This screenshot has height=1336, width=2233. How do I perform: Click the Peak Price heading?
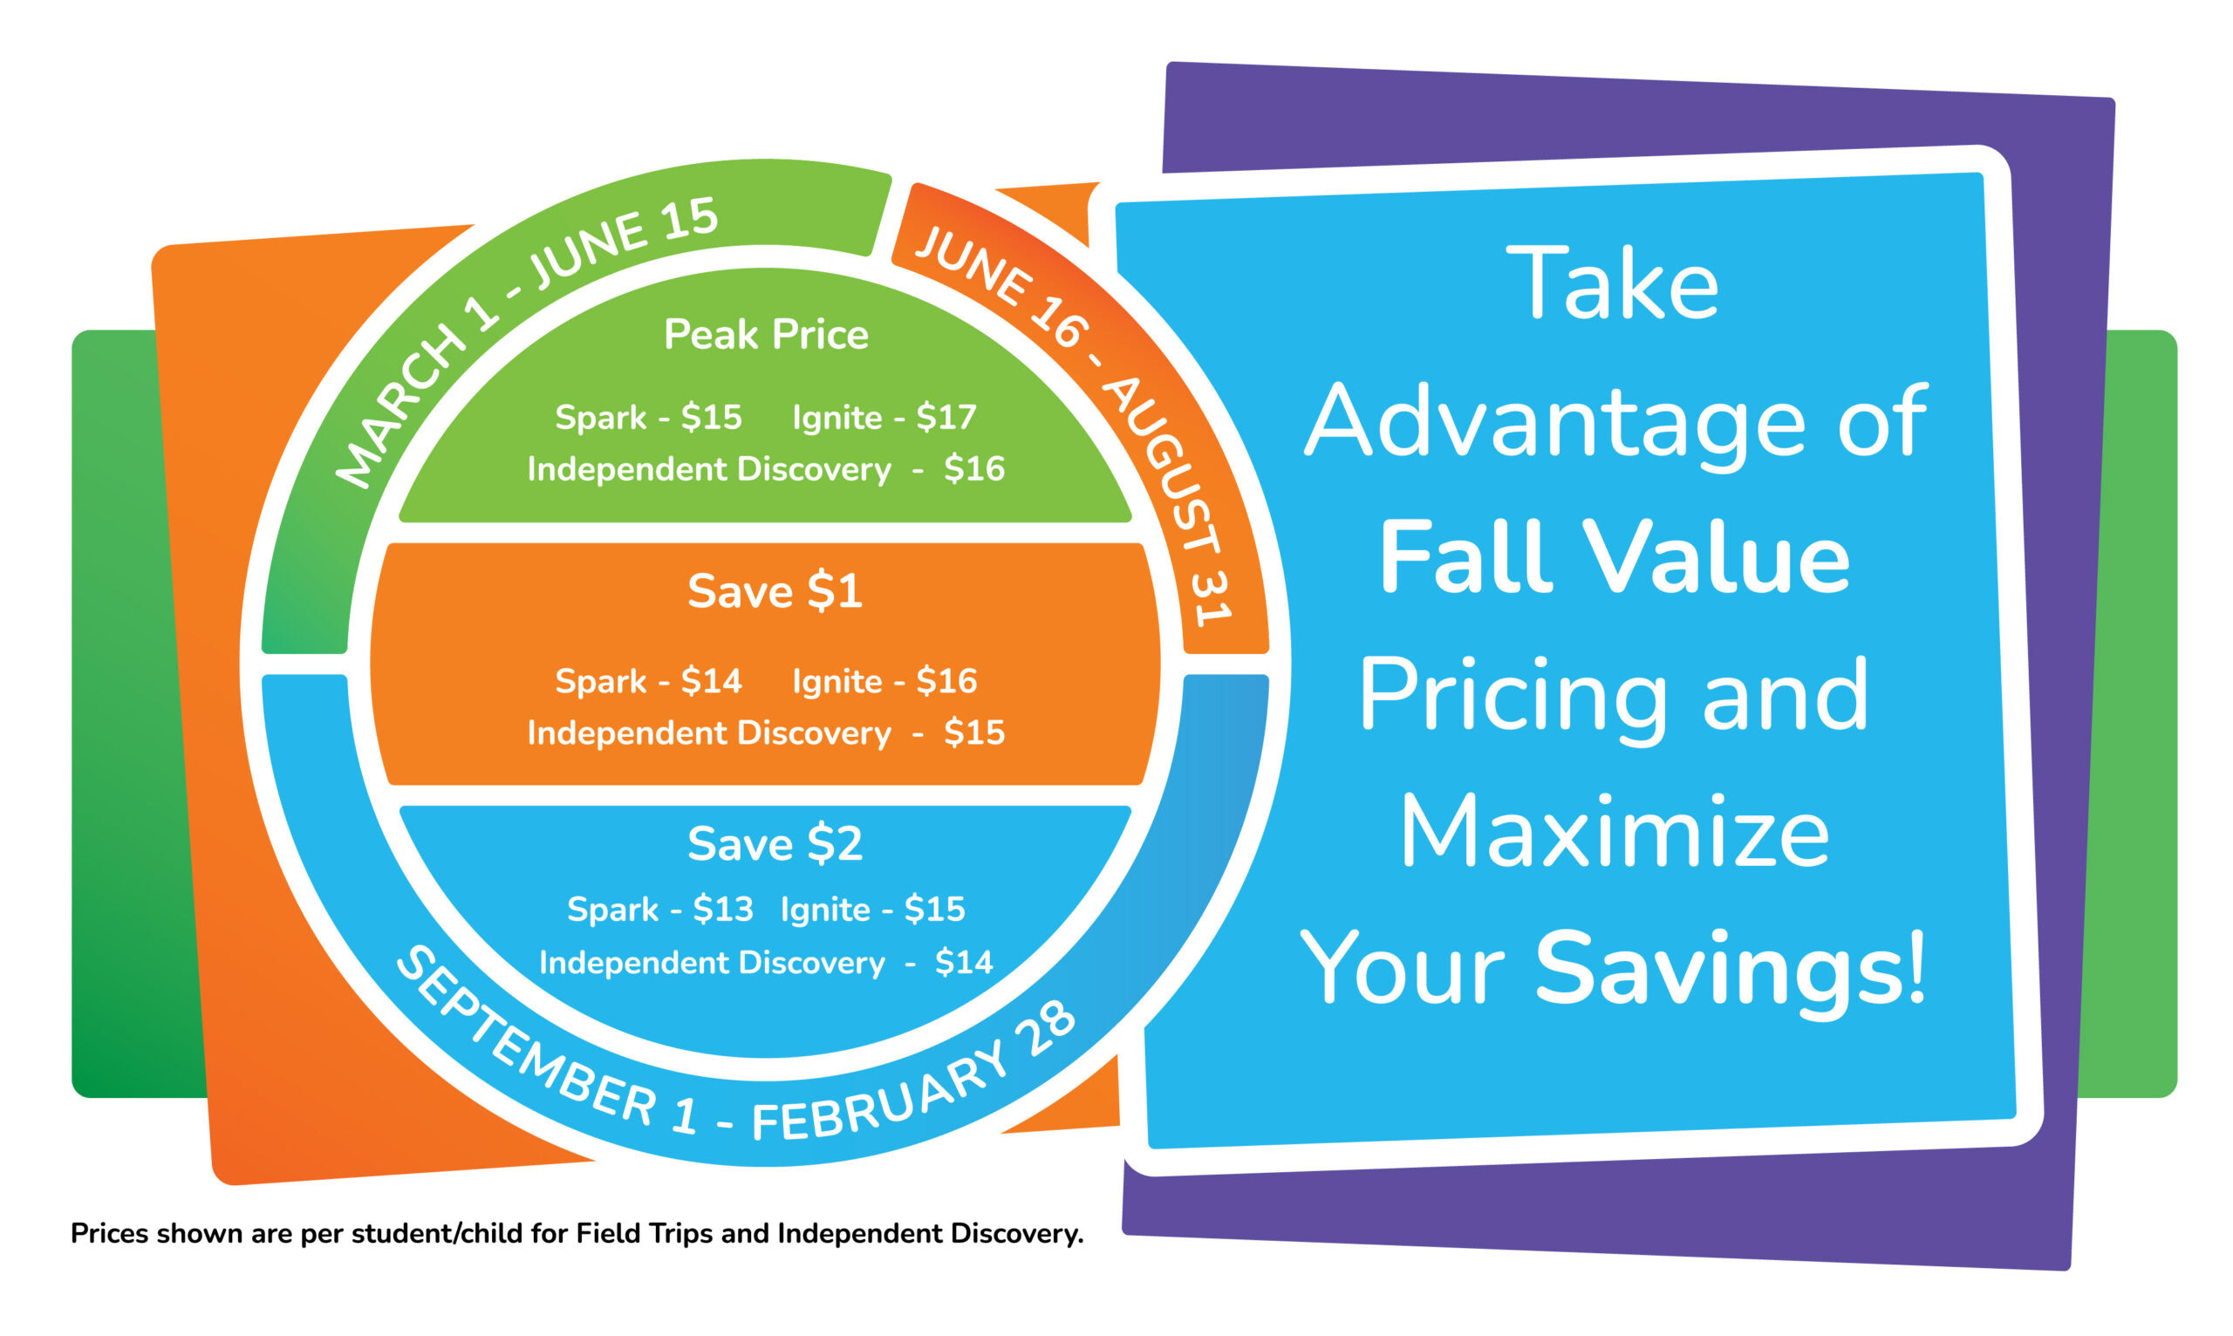(765, 334)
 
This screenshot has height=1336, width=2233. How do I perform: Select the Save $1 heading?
(775, 590)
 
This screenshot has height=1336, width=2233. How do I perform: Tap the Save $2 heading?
(775, 843)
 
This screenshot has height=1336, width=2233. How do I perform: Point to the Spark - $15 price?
(648, 417)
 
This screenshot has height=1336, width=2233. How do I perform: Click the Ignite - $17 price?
(884, 417)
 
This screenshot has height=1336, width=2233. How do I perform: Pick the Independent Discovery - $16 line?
(765, 469)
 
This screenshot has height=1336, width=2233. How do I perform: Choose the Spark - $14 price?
(648, 680)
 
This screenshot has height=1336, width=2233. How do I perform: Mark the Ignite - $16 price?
(884, 680)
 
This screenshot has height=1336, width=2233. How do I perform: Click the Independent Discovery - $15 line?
(765, 733)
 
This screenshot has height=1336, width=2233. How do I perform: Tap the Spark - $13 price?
(660, 910)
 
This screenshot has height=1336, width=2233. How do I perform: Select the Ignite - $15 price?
(872, 910)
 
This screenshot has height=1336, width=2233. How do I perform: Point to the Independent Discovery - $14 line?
(765, 963)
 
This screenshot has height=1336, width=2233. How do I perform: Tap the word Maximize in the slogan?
(1615, 833)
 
